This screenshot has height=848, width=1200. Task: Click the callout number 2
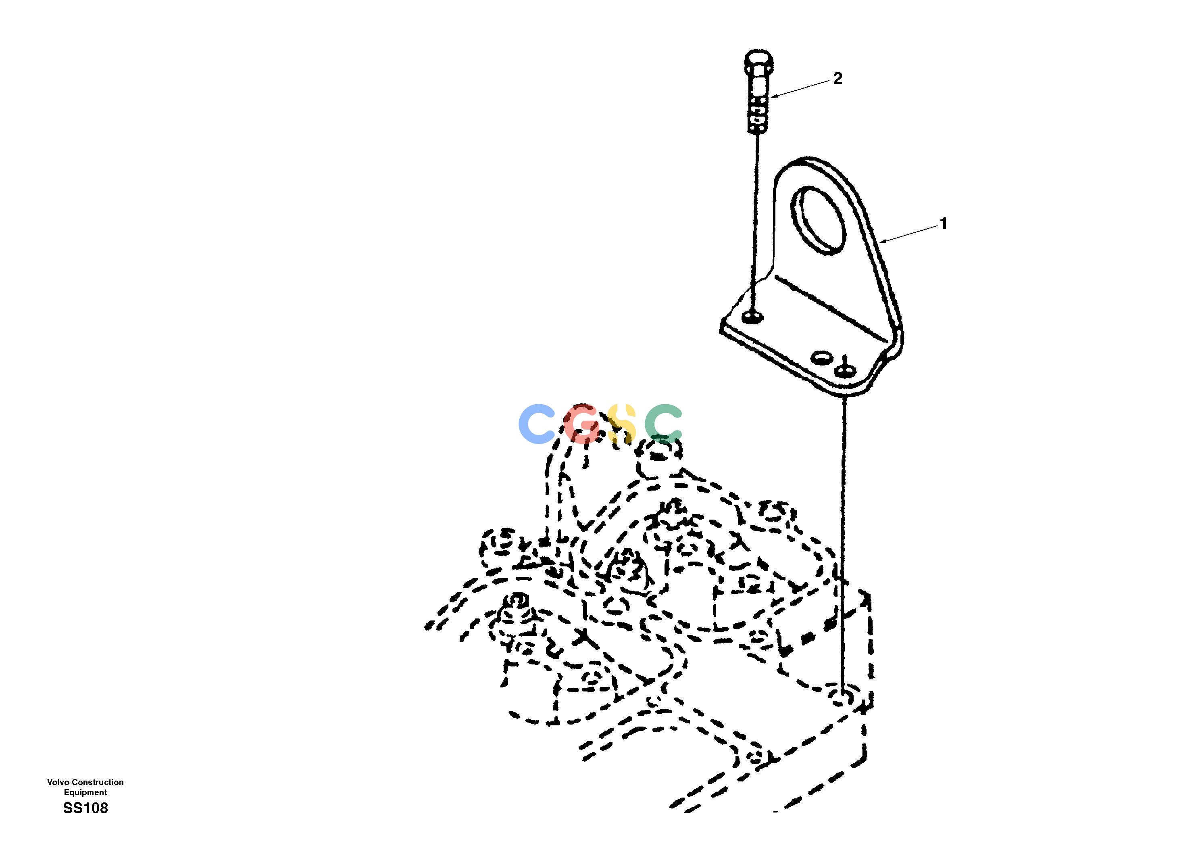(838, 79)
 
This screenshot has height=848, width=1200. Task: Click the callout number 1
(944, 224)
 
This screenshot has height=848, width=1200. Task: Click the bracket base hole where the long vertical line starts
(845, 370)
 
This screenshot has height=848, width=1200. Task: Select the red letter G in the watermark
(583, 424)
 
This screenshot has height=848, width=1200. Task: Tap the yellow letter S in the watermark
(621, 424)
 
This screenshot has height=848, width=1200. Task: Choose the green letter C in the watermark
(663, 424)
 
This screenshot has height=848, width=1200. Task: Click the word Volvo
(58, 782)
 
